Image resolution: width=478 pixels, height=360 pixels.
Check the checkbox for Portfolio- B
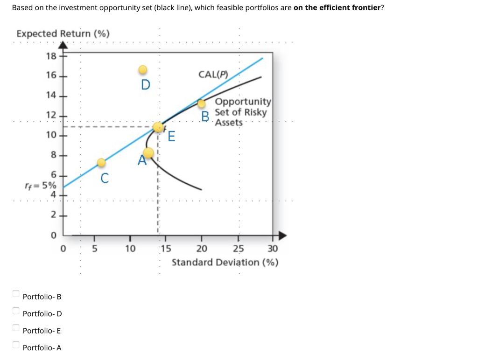coord(16,294)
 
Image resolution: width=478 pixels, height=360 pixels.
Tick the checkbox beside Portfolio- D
coord(16,311)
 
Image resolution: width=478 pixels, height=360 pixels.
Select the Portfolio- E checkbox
coord(16,328)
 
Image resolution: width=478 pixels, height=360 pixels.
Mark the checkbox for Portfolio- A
coord(16,345)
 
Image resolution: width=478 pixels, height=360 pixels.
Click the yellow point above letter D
coord(143,70)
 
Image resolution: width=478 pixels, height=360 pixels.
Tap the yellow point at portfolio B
coord(202,104)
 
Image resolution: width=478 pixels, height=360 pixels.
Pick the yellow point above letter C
coord(101,162)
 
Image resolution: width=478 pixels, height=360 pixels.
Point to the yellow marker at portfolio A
coord(148,153)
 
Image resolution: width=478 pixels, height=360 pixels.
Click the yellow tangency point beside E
coord(158,127)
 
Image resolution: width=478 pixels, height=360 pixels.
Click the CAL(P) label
coord(212,74)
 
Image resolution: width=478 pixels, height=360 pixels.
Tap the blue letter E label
coord(171,137)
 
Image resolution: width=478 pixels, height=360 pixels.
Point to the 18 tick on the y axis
coord(51,56)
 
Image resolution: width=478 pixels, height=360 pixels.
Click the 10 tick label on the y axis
coord(51,135)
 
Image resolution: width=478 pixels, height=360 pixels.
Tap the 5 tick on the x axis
coord(93,248)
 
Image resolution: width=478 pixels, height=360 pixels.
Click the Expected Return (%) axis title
coord(63,34)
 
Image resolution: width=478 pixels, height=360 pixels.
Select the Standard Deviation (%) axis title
coord(225,262)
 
